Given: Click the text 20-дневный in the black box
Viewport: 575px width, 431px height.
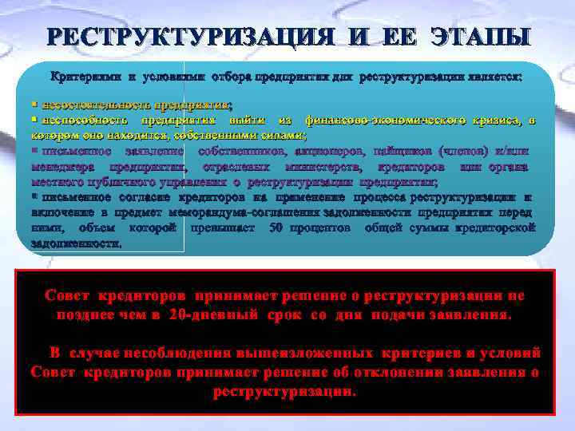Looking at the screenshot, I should [212, 314].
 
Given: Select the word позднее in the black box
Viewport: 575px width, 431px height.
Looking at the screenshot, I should [89, 314].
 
